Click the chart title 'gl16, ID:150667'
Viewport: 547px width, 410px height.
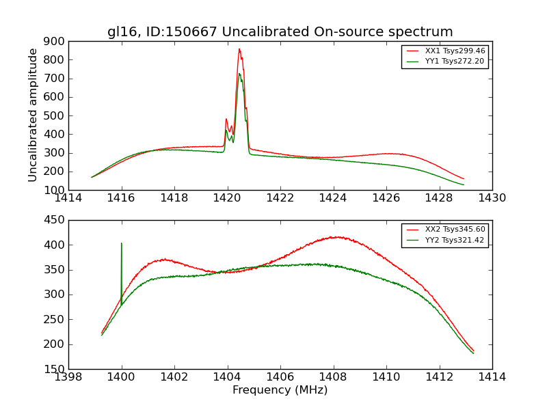pyautogui.click(x=280, y=31)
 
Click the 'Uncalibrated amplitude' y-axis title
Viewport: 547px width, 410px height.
pyautogui.click(x=33, y=115)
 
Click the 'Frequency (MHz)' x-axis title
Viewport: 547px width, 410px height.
pyautogui.click(x=280, y=390)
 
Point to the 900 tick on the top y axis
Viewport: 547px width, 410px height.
pyautogui.click(x=55, y=41)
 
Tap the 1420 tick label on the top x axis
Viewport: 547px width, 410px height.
pyautogui.click(x=227, y=198)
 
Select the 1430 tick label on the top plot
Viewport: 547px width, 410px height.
pyautogui.click(x=492, y=198)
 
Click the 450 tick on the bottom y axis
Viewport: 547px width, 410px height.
pyautogui.click(x=55, y=220)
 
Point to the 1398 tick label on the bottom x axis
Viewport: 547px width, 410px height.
pyautogui.click(x=68, y=377)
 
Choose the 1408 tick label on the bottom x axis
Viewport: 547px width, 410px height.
pyautogui.click(x=333, y=377)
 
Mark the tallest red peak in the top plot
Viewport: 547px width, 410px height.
pyautogui.click(x=239, y=49)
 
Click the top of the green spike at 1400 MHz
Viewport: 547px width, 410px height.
pyautogui.click(x=122, y=243)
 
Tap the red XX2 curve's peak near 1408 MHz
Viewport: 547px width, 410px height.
pyautogui.click(x=335, y=237)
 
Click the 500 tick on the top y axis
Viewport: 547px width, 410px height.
pyautogui.click(x=55, y=115)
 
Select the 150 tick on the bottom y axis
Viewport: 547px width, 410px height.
pyautogui.click(x=55, y=369)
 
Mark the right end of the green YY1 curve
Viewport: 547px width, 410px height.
pyautogui.click(x=464, y=184)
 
